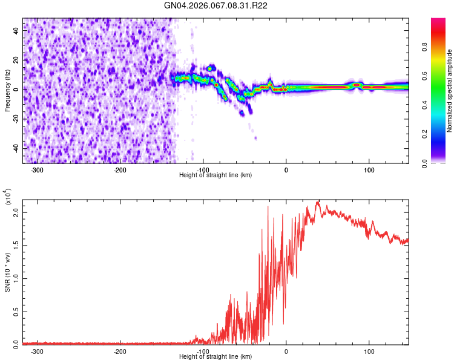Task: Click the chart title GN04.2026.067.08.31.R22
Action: pyautogui.click(x=216, y=5)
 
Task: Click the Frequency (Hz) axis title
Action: pyautogui.click(x=7, y=91)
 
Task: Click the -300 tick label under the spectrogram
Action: pyautogui.click(x=37, y=169)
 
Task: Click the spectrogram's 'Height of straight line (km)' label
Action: pyautogui.click(x=216, y=175)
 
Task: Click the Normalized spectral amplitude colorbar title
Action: pyautogui.click(x=450, y=91)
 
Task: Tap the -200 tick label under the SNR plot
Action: pyautogui.click(x=120, y=351)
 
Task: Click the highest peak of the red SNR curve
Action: pyautogui.click(x=318, y=202)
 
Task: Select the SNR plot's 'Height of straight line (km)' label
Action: pyautogui.click(x=216, y=357)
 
